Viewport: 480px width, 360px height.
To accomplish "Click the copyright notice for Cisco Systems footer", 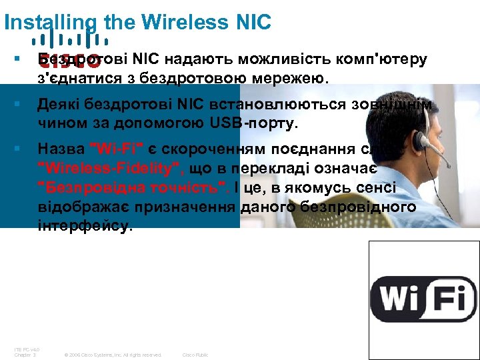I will [113, 355].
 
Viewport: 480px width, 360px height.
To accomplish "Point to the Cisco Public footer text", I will [195, 355].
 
